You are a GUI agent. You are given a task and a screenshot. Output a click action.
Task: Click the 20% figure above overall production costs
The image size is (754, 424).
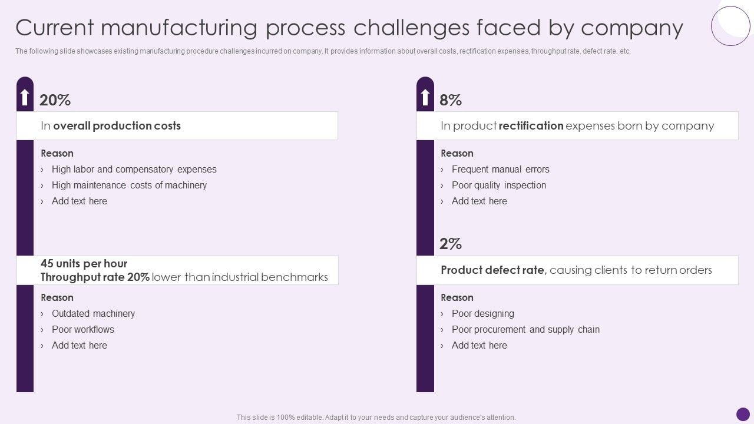pyautogui.click(x=55, y=101)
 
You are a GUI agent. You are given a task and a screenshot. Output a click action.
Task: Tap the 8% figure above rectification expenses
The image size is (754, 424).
pyautogui.click(x=451, y=101)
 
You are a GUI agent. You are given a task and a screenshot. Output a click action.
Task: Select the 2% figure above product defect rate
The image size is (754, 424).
pyautogui.click(x=451, y=244)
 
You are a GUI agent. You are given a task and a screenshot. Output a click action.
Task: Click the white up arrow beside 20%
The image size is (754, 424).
pyautogui.click(x=25, y=97)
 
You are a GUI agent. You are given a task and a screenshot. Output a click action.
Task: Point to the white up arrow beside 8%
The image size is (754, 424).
pyautogui.click(x=425, y=97)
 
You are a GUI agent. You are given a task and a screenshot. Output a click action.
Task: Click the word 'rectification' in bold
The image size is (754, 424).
pyautogui.click(x=531, y=126)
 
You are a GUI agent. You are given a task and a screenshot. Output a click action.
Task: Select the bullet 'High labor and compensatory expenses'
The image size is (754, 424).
pyautogui.click(x=134, y=170)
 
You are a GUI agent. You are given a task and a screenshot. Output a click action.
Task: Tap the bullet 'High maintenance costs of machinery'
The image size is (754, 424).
pyautogui.click(x=129, y=185)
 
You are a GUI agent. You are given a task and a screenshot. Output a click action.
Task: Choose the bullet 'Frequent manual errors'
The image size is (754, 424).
pyautogui.click(x=500, y=170)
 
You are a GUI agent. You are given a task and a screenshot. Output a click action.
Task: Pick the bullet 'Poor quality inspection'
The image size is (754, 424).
pyautogui.click(x=498, y=185)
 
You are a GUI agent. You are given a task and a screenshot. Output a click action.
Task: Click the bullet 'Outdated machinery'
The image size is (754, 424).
pyautogui.click(x=93, y=314)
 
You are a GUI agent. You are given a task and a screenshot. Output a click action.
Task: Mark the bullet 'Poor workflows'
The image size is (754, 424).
pyautogui.click(x=82, y=330)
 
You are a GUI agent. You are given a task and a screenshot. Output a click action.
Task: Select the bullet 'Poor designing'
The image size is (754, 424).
pyautogui.click(x=482, y=314)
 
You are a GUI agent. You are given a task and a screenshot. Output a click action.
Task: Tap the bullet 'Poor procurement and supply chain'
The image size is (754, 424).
pyautogui.click(x=525, y=330)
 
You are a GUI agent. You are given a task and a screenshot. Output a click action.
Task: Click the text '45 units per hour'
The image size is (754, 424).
pyautogui.click(x=84, y=264)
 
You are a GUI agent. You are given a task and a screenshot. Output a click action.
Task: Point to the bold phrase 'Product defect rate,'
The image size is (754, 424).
pyautogui.click(x=494, y=270)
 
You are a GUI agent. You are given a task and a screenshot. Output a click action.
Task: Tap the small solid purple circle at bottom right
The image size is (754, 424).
pyautogui.click(x=743, y=414)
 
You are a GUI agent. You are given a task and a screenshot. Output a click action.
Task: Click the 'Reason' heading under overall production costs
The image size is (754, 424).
pyautogui.click(x=57, y=154)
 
